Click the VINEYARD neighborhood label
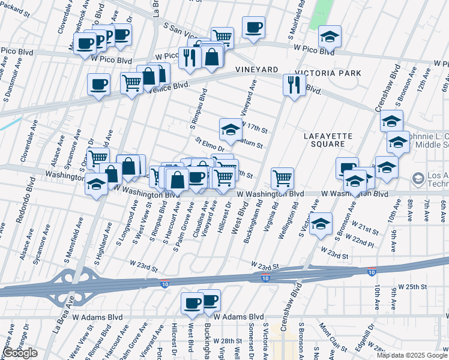tap(258, 70)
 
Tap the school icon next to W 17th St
tap(230, 128)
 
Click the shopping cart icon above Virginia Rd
tap(282, 178)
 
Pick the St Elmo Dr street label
tap(209, 145)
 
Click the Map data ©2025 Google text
tap(412, 355)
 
